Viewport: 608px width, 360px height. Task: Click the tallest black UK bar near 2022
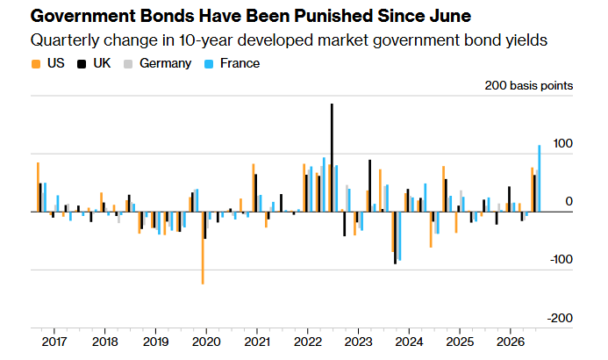pyautogui.click(x=332, y=157)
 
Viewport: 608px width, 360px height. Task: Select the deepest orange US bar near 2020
pyautogui.click(x=203, y=248)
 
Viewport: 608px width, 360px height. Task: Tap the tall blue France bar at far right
pyautogui.click(x=539, y=178)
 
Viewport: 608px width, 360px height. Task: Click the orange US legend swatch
pyautogui.click(x=36, y=64)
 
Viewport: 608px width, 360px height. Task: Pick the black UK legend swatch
pyautogui.click(x=82, y=64)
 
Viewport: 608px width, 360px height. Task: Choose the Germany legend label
pyautogui.click(x=166, y=63)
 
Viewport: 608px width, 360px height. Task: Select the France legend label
pyautogui.click(x=240, y=63)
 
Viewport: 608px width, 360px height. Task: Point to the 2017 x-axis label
pyautogui.click(x=54, y=342)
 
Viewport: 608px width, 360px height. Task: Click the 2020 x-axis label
pyautogui.click(x=206, y=342)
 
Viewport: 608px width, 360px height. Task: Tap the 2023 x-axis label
pyautogui.click(x=358, y=342)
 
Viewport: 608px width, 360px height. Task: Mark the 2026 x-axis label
pyautogui.click(x=511, y=342)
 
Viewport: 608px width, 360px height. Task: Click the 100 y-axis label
pyautogui.click(x=562, y=143)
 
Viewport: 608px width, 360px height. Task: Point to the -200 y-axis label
pyautogui.click(x=560, y=318)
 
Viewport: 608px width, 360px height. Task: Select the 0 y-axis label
pyautogui.click(x=569, y=201)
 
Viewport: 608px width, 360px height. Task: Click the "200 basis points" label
pyautogui.click(x=528, y=85)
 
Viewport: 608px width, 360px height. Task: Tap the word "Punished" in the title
pyautogui.click(x=334, y=17)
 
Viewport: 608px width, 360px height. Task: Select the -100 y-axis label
pyautogui.click(x=562, y=259)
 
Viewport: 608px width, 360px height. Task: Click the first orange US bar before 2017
pyautogui.click(x=38, y=187)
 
